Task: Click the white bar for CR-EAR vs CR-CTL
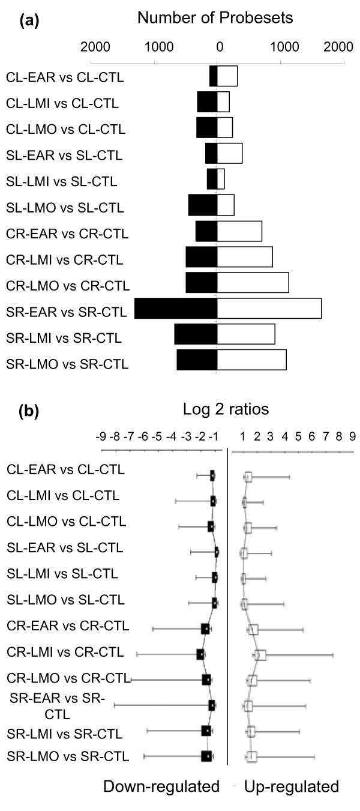tap(239, 231)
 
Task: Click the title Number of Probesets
tap(215, 19)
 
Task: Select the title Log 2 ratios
tap(226, 409)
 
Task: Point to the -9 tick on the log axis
tap(103, 435)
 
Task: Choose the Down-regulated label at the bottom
tap(161, 786)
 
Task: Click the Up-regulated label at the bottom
tap(292, 786)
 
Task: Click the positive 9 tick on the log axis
tap(353, 435)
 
